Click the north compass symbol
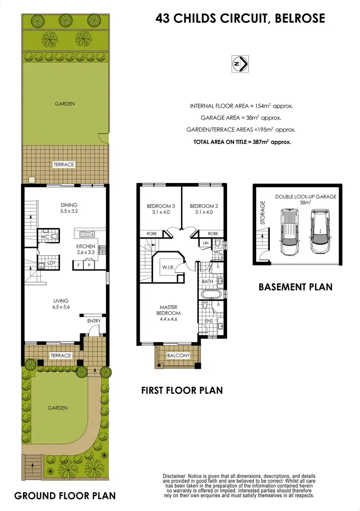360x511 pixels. click(240, 64)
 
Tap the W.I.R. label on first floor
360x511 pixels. click(168, 268)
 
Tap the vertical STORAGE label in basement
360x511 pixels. click(263, 214)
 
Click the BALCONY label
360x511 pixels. click(178, 356)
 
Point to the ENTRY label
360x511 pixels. click(94, 321)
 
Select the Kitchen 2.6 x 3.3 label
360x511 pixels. click(86, 249)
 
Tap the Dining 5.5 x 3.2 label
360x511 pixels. click(69, 207)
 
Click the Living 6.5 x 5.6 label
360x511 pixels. click(61, 304)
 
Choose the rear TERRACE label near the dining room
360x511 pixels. click(64, 165)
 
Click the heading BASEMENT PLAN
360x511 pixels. click(295, 287)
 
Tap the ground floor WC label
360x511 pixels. click(45, 237)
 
